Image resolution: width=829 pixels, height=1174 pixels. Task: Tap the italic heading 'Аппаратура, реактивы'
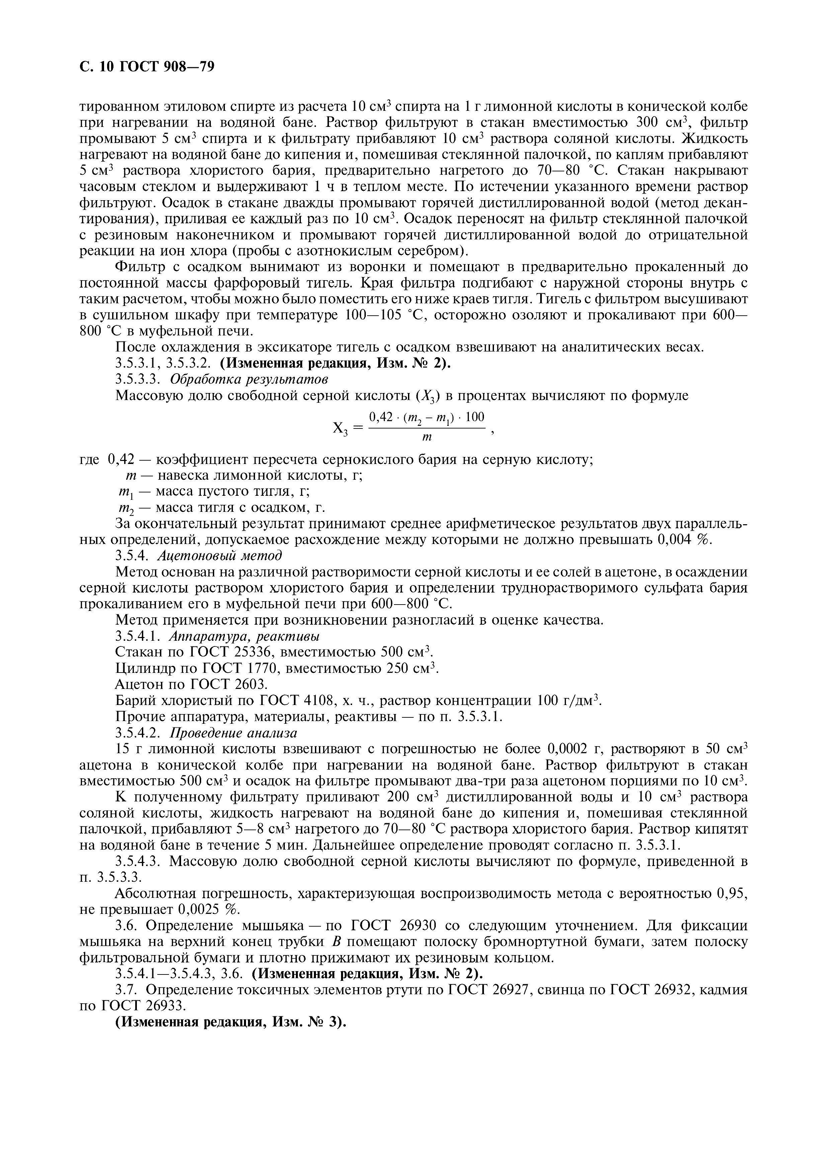click(x=244, y=637)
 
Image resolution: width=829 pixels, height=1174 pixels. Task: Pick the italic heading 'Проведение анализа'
click(x=233, y=733)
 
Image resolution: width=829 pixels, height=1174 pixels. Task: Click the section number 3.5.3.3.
click(x=138, y=379)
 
